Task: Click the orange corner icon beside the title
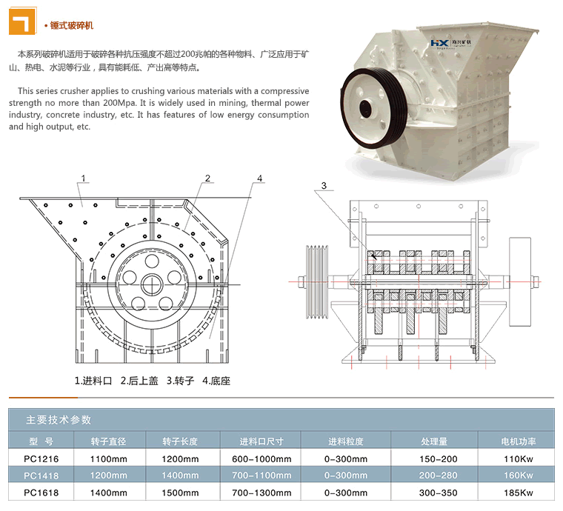[x=22, y=21]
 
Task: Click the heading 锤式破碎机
[x=72, y=26]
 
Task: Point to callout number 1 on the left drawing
[x=84, y=178]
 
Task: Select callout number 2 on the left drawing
[x=208, y=178]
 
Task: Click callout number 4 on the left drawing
[x=260, y=178]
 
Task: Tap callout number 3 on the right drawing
[x=323, y=185]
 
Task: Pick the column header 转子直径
[x=109, y=441]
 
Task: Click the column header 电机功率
[x=518, y=441]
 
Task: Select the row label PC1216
[x=41, y=458]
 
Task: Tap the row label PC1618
[x=41, y=491]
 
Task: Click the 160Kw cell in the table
[x=518, y=475]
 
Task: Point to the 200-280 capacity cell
[x=439, y=475]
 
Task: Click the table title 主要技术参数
[x=59, y=419]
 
